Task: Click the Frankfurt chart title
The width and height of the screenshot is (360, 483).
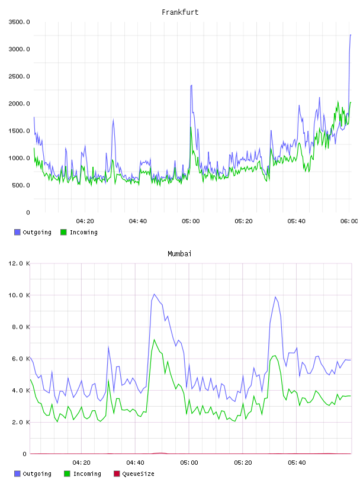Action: (180, 12)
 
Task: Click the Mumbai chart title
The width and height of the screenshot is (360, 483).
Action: (179, 254)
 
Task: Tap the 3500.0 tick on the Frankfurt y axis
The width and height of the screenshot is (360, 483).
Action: (19, 22)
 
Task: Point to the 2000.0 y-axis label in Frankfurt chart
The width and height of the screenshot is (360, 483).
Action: (19, 104)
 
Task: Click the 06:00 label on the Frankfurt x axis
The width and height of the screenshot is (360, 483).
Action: (349, 221)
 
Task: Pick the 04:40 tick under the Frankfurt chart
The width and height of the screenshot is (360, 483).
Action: (138, 221)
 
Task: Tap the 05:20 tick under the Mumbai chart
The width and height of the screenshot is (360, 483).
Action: (243, 463)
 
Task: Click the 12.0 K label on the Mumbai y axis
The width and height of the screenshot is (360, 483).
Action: (19, 263)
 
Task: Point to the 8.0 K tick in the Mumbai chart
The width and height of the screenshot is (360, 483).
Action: (21, 327)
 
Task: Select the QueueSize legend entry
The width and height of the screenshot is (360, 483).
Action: (134, 474)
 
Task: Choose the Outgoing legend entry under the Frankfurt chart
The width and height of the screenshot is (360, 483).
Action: (33, 232)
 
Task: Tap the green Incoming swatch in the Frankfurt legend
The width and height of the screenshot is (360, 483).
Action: (63, 232)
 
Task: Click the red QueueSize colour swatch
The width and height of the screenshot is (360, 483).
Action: (117, 474)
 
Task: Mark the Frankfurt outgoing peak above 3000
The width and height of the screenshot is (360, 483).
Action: (351, 35)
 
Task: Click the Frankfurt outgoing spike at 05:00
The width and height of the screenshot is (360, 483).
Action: (191, 85)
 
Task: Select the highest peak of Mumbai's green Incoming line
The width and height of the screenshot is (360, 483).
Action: (154, 339)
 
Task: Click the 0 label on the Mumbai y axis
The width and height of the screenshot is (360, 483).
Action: (24, 454)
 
